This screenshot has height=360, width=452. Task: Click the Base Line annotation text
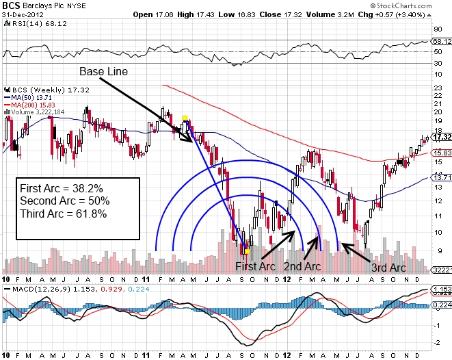tap(103, 71)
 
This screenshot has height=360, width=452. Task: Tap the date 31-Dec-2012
tap(24, 14)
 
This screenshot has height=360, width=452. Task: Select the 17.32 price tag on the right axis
tap(440, 137)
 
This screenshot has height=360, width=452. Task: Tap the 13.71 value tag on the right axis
tap(440, 177)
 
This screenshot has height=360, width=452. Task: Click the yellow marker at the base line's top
tap(185, 118)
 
